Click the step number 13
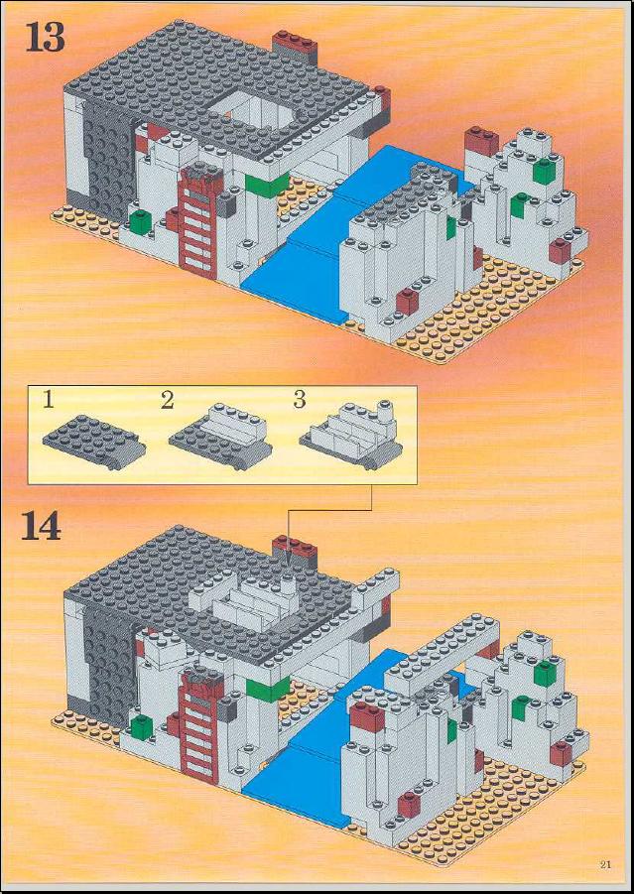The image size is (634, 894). (x=45, y=39)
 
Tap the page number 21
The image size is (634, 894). (x=605, y=864)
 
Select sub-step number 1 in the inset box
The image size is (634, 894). (x=48, y=401)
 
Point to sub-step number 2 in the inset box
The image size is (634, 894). (x=167, y=401)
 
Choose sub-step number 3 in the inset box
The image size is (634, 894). (x=300, y=400)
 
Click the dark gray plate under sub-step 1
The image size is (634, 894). (x=94, y=443)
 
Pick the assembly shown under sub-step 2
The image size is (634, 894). (x=220, y=437)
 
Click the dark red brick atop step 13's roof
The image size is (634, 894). (x=295, y=44)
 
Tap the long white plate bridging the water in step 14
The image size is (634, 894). (x=442, y=655)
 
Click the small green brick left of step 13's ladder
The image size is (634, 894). (x=140, y=221)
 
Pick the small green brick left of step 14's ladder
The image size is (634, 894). (x=142, y=727)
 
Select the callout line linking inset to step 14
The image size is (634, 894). (x=329, y=509)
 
